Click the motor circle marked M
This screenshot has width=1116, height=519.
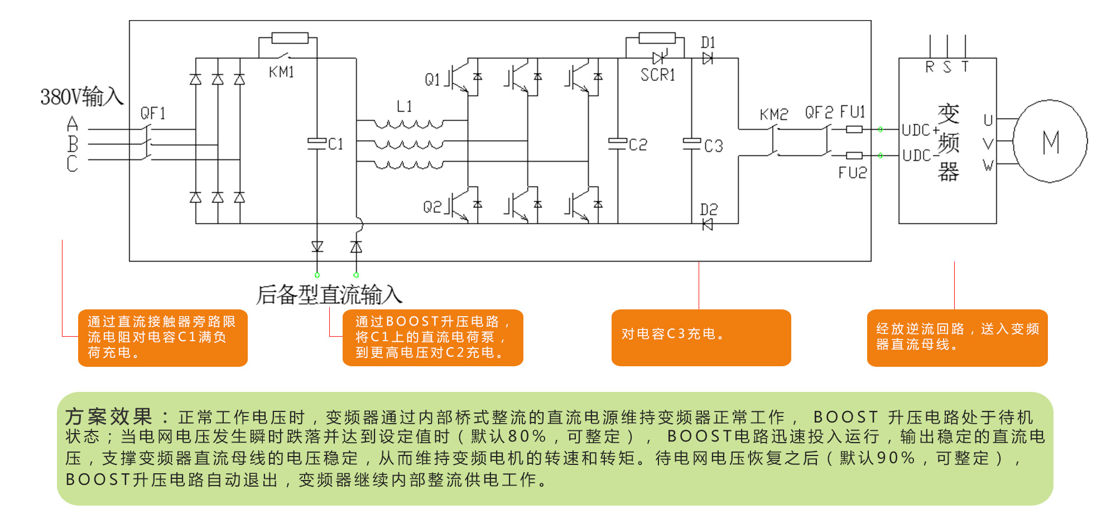[1050, 141]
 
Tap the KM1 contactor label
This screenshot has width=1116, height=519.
[281, 72]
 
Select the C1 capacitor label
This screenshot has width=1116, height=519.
[335, 144]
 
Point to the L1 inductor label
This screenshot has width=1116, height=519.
[405, 106]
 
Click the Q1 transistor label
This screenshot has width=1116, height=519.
[432, 80]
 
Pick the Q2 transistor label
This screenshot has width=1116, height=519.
[432, 207]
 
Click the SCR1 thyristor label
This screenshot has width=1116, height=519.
[658, 75]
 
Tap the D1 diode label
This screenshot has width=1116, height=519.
[708, 43]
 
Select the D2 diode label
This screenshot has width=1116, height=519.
[709, 210]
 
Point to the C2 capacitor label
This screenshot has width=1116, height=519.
[638, 145]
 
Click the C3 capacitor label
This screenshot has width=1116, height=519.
[713, 146]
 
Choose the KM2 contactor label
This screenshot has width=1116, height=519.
[773, 115]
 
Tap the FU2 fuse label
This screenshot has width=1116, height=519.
[853, 173]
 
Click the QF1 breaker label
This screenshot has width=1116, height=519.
[153, 114]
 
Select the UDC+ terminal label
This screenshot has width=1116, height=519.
[919, 130]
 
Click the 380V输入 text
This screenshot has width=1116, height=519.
[81, 97]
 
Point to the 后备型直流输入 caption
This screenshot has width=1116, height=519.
[329, 295]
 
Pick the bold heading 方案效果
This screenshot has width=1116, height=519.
[109, 416]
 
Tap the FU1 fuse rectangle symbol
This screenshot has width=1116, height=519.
[854, 129]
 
